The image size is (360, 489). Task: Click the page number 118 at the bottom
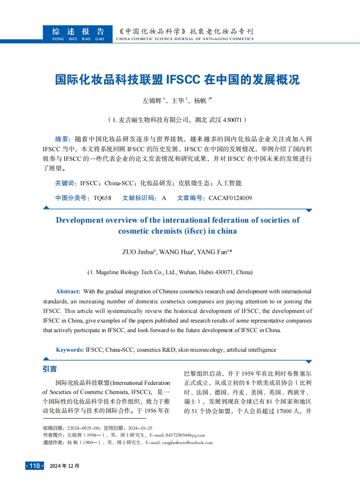coord(34,465)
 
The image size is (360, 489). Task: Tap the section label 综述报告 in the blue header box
coord(78,32)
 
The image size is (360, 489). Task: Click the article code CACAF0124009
coord(230,198)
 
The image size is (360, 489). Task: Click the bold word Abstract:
coord(68,291)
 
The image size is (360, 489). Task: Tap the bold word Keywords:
coord(70,350)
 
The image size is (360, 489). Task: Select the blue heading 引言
coord(50,369)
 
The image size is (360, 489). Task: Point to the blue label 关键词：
coord(66,183)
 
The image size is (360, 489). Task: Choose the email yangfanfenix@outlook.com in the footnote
coord(187,442)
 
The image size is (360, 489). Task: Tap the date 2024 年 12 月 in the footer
coord(65,465)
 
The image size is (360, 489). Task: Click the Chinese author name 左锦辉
coord(152,101)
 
